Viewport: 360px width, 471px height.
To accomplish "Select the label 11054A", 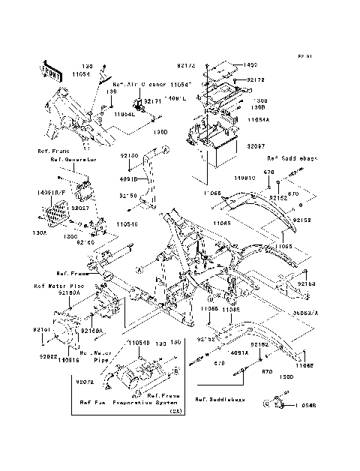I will coord(262,119).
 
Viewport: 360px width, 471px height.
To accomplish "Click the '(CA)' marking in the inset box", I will coord(175,411).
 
